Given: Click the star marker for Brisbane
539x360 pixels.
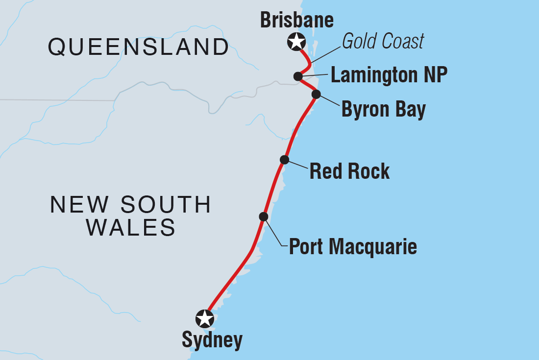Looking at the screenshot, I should pyautogui.click(x=296, y=42).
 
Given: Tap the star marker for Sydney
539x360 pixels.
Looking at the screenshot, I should pyautogui.click(x=204, y=319).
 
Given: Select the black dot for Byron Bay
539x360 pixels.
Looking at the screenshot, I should pyautogui.click(x=316, y=94).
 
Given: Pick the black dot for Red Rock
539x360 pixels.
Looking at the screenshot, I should pyautogui.click(x=284, y=159).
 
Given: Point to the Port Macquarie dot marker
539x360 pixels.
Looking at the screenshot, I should pyautogui.click(x=264, y=216).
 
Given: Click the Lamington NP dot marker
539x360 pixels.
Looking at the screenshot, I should pyautogui.click(x=297, y=76).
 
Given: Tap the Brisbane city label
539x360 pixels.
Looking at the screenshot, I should pyautogui.click(x=296, y=21).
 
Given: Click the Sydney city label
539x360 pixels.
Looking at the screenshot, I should pyautogui.click(x=212, y=340).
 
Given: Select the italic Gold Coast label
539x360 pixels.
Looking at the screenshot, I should pyautogui.click(x=383, y=42).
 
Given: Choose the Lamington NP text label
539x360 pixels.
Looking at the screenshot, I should pyautogui.click(x=389, y=76).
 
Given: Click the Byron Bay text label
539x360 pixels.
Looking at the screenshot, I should pyautogui.click(x=383, y=110).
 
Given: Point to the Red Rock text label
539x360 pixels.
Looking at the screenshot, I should pyautogui.click(x=349, y=171).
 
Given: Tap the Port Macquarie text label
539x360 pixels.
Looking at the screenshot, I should pyautogui.click(x=353, y=246).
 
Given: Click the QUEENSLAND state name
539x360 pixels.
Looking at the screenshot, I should pyautogui.click(x=138, y=47).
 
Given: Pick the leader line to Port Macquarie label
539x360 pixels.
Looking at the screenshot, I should pyautogui.click(x=274, y=232).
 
